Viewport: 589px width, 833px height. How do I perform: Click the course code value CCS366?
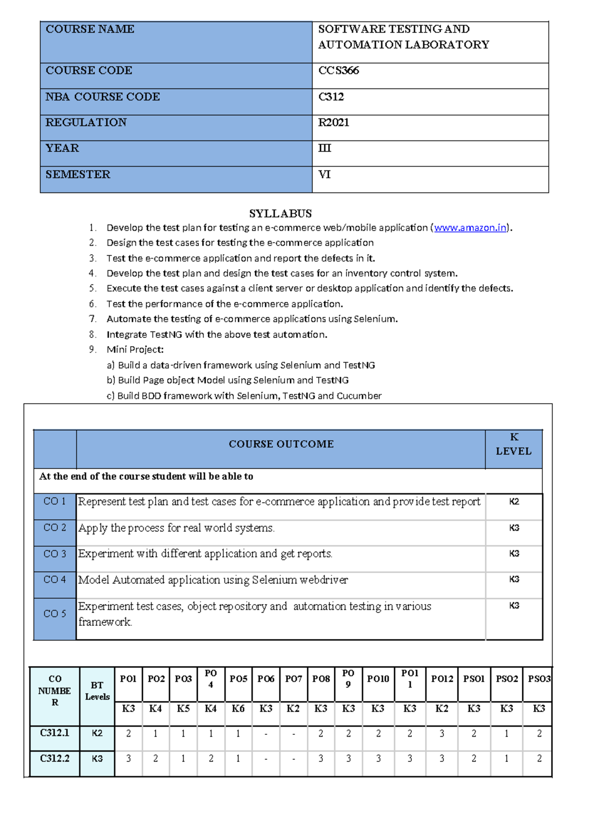click(x=339, y=71)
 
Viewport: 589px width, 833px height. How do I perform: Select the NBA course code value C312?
click(x=331, y=97)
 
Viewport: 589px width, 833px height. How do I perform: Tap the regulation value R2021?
click(x=334, y=123)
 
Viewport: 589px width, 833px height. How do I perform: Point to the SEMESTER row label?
click(x=78, y=175)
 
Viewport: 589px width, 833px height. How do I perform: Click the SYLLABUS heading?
click(x=280, y=214)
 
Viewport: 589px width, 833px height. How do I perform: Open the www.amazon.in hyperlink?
click(x=470, y=228)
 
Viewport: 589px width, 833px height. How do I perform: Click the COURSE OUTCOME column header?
click(x=281, y=444)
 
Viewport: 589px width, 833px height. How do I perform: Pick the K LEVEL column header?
click(x=513, y=444)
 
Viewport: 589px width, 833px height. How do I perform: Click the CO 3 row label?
click(x=54, y=554)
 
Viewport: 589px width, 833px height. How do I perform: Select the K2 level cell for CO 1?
click(x=514, y=502)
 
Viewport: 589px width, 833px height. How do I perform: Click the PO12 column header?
click(x=442, y=679)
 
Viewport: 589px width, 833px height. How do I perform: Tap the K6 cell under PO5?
click(x=238, y=709)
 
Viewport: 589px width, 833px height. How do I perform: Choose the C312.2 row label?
click(x=54, y=759)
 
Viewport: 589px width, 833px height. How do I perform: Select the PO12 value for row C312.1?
click(x=442, y=734)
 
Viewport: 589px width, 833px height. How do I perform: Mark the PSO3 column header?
click(x=538, y=679)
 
